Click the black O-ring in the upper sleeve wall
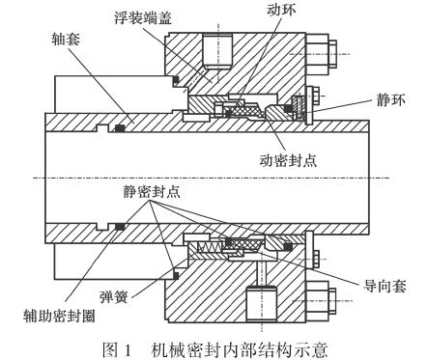click(123, 126)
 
